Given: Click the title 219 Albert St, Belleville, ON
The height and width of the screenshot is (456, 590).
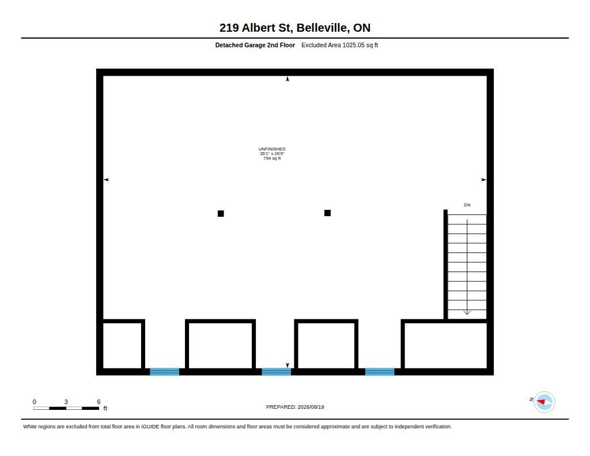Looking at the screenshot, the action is tap(294, 28).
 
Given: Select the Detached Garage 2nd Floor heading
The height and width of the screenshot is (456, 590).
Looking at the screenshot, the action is tap(255, 45).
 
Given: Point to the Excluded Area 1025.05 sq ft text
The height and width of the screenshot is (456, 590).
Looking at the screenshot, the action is tap(339, 45).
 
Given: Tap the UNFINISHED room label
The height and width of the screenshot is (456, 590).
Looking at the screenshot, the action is tap(272, 149).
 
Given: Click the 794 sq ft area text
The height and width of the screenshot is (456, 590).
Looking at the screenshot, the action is tap(272, 159).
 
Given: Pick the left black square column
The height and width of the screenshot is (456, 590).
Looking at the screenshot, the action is tap(221, 213).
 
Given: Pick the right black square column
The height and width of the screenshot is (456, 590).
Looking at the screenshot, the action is tap(327, 213).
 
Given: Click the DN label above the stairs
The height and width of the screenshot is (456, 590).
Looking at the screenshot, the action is tap(467, 205).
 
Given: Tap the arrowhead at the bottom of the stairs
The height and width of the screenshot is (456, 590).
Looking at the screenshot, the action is tap(467, 312).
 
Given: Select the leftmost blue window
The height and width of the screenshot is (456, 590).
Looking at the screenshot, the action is tap(164, 372).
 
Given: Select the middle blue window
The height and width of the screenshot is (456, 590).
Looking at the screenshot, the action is tap(276, 372).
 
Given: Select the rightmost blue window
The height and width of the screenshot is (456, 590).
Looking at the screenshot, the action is tap(380, 372).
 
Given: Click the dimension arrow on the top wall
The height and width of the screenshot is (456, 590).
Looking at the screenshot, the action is tap(288, 79).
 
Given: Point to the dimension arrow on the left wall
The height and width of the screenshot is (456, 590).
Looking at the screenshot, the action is tap(106, 180).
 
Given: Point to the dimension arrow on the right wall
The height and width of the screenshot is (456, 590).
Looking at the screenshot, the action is tap(484, 180).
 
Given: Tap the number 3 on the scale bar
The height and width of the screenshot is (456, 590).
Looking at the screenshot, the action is tap(66, 402).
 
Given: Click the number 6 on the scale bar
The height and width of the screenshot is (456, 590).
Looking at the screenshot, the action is tap(99, 402).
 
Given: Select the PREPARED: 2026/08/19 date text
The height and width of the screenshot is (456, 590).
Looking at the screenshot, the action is tap(295, 407).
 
